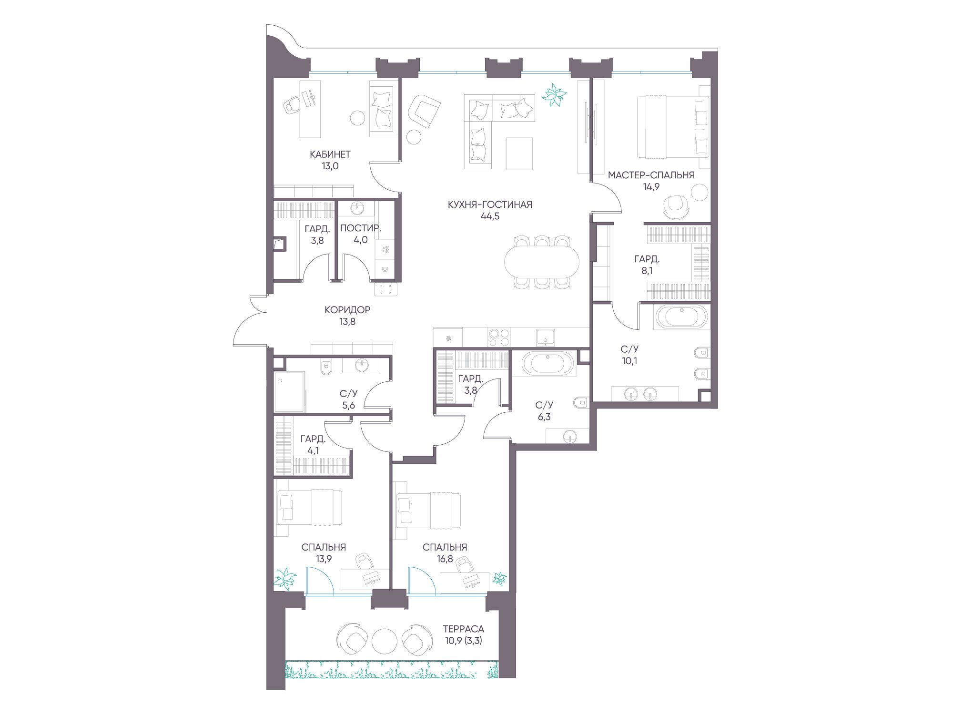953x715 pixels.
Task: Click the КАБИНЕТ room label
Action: coord(330,154)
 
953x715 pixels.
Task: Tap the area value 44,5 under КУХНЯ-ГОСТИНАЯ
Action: coord(490,216)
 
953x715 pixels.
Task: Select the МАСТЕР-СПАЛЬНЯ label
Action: coord(651,175)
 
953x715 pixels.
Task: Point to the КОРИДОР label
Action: coord(347,310)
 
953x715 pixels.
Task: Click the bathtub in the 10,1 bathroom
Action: coord(683,316)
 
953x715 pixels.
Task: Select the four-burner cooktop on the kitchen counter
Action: coord(499,337)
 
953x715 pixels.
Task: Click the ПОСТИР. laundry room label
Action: coord(361,228)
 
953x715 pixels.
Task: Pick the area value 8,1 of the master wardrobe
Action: coord(647,271)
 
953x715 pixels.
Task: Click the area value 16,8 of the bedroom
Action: coord(445,559)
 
